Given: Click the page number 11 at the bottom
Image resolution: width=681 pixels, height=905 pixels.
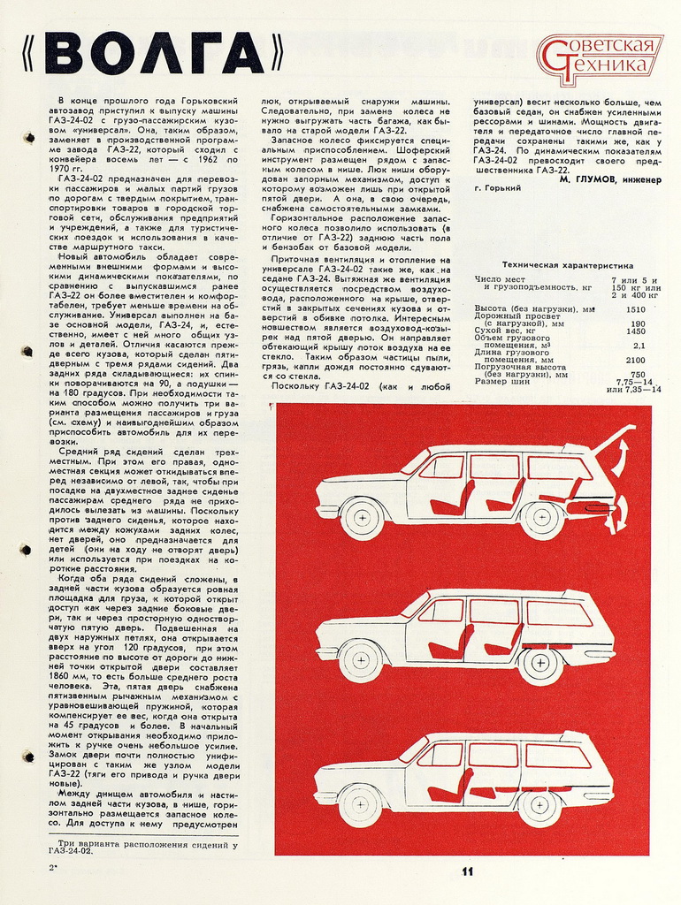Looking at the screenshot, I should (467, 871).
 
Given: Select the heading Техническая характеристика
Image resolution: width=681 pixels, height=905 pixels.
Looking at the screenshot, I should (567, 264).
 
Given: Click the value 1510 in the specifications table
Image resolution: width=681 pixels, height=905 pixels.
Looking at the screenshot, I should (635, 309).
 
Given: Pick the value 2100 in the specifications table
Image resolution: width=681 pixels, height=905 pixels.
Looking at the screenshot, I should (636, 360).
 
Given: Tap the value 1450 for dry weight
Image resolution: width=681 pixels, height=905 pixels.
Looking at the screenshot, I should (635, 330).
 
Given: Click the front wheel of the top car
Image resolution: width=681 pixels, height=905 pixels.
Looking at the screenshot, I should (362, 519).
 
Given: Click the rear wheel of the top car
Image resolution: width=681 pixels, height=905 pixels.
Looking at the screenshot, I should (543, 520).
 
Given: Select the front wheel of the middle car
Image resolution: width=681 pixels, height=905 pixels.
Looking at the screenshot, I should (361, 660).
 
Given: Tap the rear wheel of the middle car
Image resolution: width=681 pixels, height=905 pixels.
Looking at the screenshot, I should (541, 664).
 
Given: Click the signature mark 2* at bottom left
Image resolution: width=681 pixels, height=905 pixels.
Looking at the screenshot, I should (54, 869).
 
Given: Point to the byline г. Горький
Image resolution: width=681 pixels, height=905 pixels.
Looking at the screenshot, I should (498, 188).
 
